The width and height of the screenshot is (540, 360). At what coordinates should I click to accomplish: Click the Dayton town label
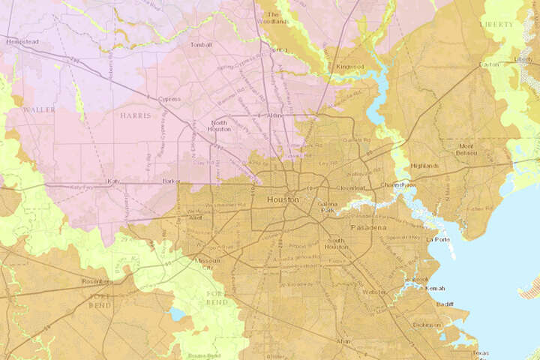pyautogui.click(x=510, y=64)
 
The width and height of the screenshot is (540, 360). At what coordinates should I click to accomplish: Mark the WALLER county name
pyautogui.click(x=39, y=109)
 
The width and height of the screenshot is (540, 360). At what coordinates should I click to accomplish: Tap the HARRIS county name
pyautogui.click(x=135, y=116)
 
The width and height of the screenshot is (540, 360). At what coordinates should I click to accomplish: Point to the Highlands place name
pyautogui.click(x=425, y=166)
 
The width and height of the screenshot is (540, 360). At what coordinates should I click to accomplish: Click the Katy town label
pyautogui.click(x=114, y=181)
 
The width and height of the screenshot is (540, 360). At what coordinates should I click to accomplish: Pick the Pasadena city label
pyautogui.click(x=367, y=226)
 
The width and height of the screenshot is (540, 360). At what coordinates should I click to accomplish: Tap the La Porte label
pyautogui.click(x=436, y=239)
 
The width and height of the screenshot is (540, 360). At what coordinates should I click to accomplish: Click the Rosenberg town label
pyautogui.click(x=97, y=281)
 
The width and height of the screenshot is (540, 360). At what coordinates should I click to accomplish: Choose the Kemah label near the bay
pyautogui.click(x=435, y=289)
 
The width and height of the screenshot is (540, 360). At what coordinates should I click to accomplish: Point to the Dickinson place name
pyautogui.click(x=427, y=325)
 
